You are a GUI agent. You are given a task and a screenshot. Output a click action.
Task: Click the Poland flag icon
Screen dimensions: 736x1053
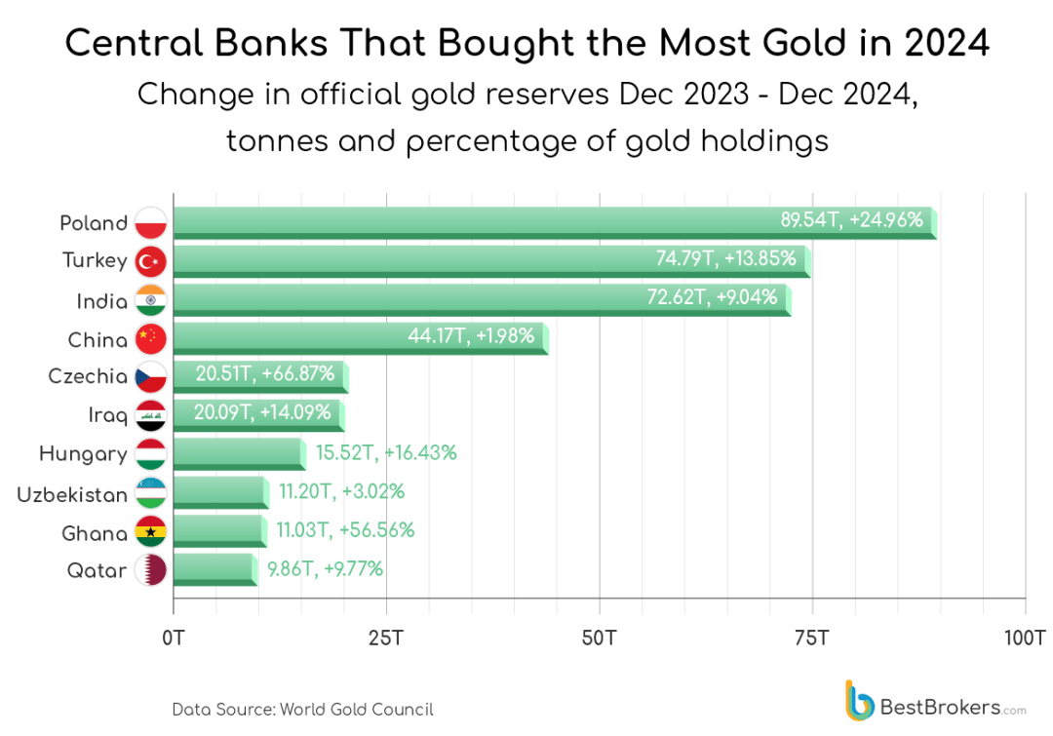pyautogui.click(x=151, y=223)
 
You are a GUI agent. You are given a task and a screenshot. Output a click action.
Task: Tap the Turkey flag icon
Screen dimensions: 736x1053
pyautogui.click(x=151, y=261)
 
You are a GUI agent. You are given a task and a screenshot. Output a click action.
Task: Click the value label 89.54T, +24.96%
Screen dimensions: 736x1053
pyautogui.click(x=851, y=219)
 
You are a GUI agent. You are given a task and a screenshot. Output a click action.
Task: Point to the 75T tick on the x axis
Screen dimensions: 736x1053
pyautogui.click(x=811, y=639)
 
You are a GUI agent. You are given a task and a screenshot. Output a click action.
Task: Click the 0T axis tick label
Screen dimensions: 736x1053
pyautogui.click(x=174, y=639)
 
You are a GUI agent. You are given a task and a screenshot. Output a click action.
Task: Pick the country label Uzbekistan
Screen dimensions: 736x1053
pyautogui.click(x=72, y=494)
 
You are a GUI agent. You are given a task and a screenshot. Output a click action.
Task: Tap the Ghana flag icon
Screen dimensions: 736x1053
pyautogui.click(x=151, y=533)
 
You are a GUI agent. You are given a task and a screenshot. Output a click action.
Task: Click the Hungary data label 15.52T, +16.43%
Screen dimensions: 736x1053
pyautogui.click(x=386, y=452)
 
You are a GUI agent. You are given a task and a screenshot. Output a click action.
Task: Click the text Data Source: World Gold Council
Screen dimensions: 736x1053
pyautogui.click(x=302, y=709)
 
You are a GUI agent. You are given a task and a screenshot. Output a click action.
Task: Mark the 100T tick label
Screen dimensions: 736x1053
pyautogui.click(x=1025, y=639)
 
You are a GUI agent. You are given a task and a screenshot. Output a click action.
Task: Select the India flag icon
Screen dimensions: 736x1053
pyautogui.click(x=151, y=301)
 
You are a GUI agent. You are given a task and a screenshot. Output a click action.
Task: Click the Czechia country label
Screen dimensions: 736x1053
pyautogui.click(x=88, y=376)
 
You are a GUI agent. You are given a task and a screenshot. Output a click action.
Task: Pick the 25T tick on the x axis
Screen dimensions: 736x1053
pyautogui.click(x=386, y=639)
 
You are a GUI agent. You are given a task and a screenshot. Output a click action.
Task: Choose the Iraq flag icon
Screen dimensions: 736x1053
pyautogui.click(x=151, y=416)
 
